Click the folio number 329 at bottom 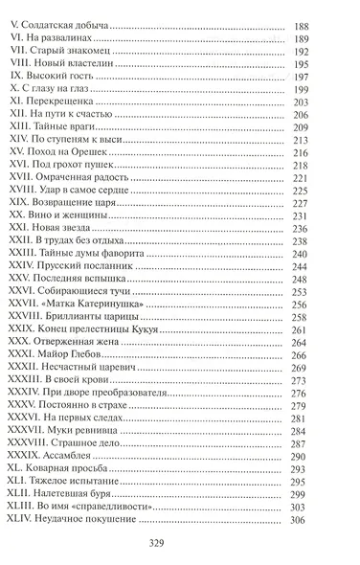coord(180,551)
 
